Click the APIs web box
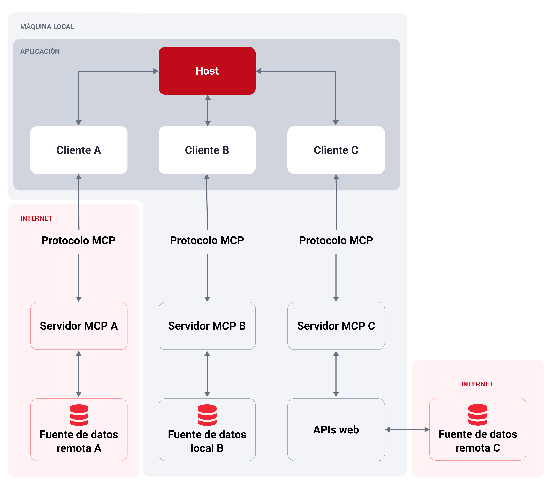pyautogui.click(x=336, y=429)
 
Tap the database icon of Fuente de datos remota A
pyautogui.click(x=79, y=415)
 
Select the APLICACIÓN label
pyautogui.click(x=40, y=51)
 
